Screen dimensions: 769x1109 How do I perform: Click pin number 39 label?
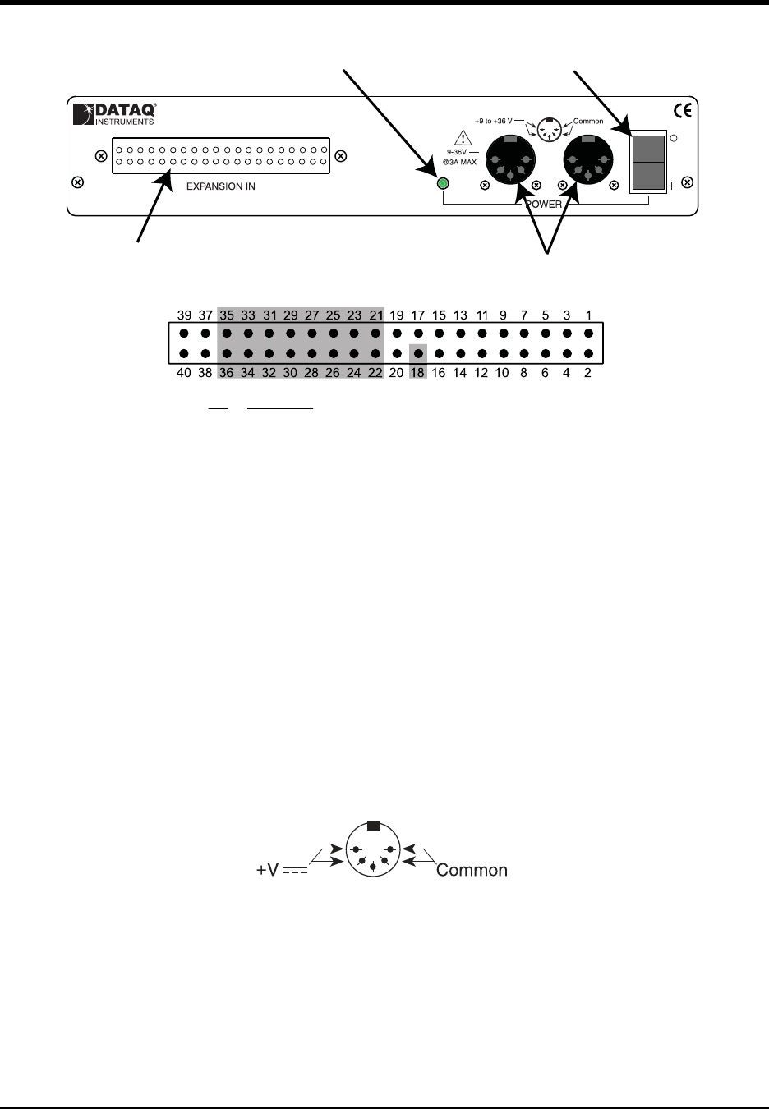pos(184,315)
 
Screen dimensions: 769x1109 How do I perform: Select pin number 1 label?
pos(588,315)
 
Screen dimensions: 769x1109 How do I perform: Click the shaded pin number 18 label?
pos(418,373)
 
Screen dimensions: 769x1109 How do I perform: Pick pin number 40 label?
pos(184,373)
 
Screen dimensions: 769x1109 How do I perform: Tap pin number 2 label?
pos(588,373)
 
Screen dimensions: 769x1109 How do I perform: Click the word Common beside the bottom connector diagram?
pos(472,870)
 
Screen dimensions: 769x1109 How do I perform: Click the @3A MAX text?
pos(460,162)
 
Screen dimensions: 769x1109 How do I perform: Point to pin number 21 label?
pos(375,315)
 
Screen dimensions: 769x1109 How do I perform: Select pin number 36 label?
pos(227,373)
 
